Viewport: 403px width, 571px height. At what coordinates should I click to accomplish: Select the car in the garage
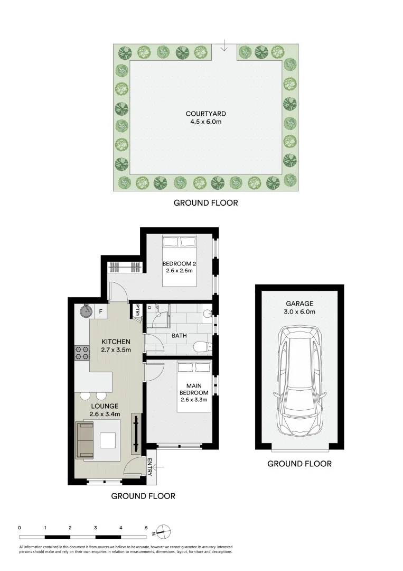pos(299,380)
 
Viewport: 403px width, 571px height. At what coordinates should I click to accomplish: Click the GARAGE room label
pos(299,303)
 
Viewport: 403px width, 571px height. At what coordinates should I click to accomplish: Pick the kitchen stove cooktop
pos(82,352)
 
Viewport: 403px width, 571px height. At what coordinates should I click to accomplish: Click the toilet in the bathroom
pos(202,346)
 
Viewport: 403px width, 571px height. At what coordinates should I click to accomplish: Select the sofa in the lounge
pos(85,440)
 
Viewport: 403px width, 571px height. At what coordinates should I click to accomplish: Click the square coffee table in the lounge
pos(109,440)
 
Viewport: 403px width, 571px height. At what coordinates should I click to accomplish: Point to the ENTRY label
pos(149,467)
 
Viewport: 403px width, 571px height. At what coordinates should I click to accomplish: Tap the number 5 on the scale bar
pos(146,528)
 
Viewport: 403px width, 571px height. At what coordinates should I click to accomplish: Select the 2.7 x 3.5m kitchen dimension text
pos(115,349)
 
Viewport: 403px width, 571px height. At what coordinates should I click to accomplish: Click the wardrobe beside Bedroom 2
pos(125,268)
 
